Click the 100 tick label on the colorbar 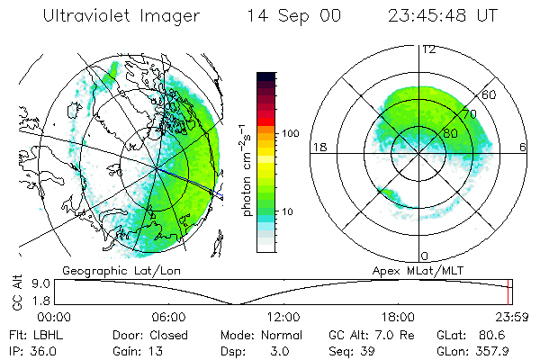(x=291, y=133)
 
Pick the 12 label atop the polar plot (x=428, y=49)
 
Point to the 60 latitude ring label (x=489, y=94)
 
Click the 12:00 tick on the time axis (x=283, y=317)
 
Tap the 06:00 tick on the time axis (x=169, y=317)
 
